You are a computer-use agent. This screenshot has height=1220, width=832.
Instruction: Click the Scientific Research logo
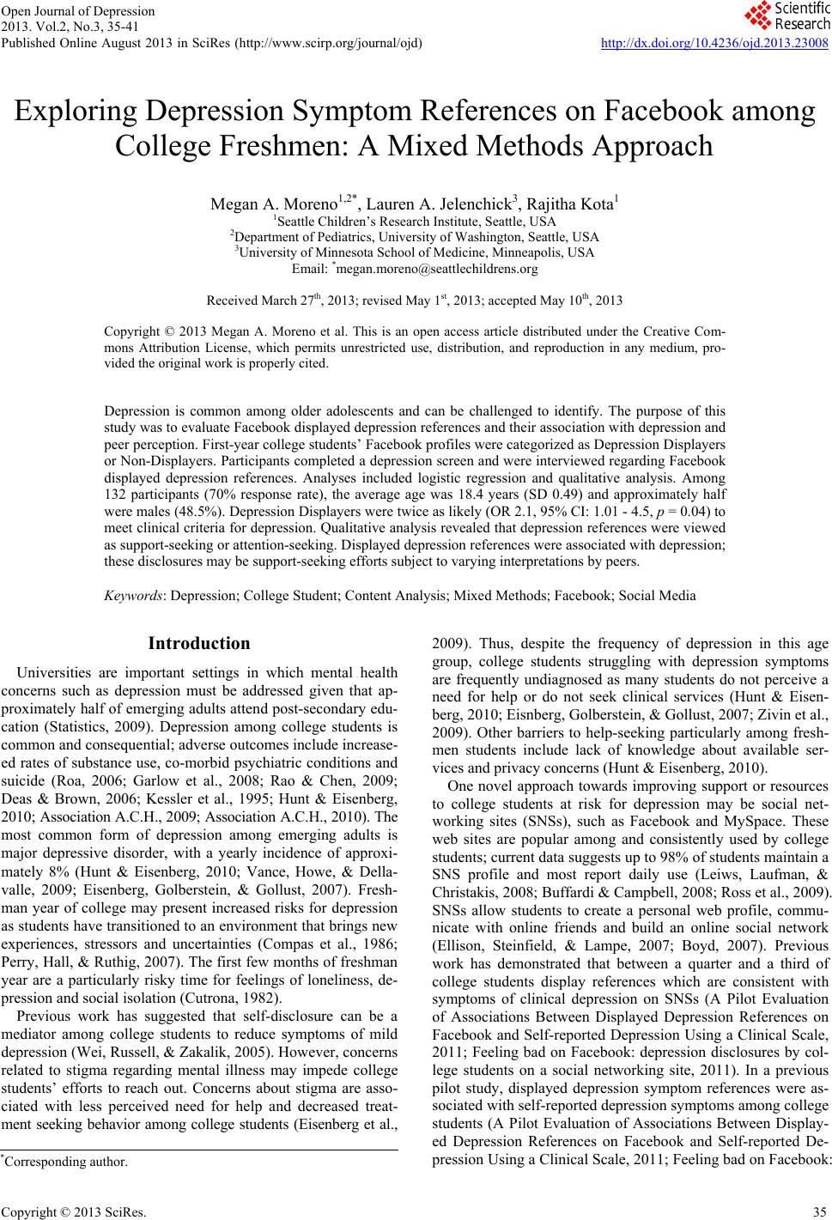click(x=785, y=15)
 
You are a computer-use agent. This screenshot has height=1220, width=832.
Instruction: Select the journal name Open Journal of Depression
click(x=78, y=11)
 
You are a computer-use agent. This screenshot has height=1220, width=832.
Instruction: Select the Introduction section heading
click(x=199, y=643)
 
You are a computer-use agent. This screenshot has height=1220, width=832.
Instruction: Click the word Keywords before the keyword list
click(x=134, y=595)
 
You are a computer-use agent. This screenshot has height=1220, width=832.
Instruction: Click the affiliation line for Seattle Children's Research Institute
click(x=415, y=221)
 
